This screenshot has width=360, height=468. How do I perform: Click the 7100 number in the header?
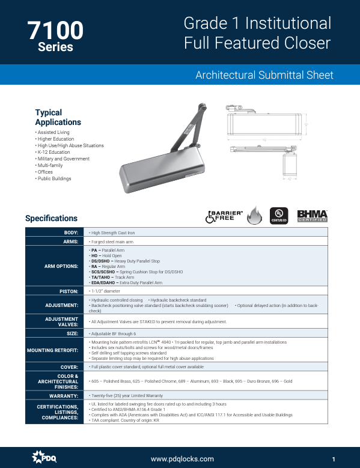pos(55,30)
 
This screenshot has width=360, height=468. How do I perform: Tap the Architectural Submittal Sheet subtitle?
pos(264,75)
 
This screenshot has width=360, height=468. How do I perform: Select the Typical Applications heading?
pos(58,117)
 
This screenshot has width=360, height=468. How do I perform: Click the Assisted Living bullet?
pos(53,132)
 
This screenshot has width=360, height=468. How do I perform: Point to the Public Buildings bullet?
pos(54,178)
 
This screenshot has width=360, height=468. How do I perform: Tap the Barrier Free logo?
pos(224,216)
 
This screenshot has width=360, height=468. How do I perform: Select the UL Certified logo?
pos(278,216)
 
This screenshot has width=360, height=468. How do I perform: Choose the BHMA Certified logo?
pos(313,216)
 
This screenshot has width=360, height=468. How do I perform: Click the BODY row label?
pos(71,232)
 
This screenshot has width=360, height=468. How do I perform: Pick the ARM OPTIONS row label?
pos(61,265)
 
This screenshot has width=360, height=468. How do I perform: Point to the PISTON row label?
pos(69,291)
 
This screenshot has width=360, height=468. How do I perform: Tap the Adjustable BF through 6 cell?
pos(113,333)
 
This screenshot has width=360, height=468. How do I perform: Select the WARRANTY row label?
pos(63,396)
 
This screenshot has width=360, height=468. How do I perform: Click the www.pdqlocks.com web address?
pos(182,459)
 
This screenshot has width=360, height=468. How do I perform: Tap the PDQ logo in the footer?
pos(44,458)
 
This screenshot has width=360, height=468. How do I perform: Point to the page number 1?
pos(333,459)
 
